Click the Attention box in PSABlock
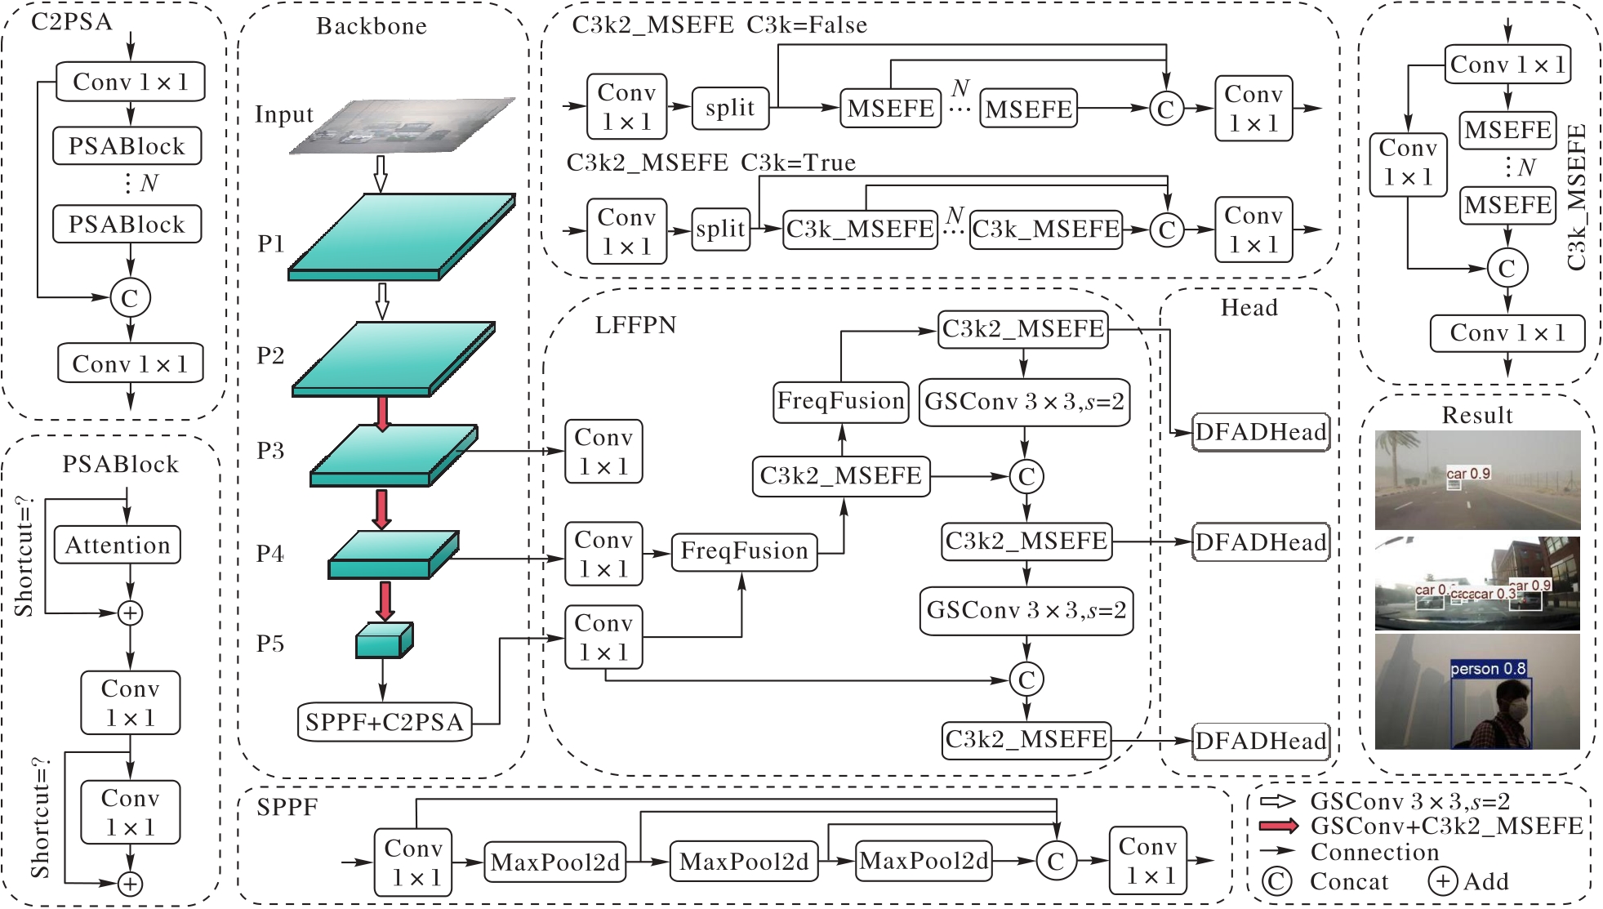pos(118,545)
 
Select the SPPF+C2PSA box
pos(385,722)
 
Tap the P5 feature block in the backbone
pos(385,640)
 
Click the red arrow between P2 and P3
pos(382,413)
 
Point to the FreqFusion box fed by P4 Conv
pos(744,551)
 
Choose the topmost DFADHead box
pos(1261,432)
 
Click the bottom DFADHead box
pos(1261,742)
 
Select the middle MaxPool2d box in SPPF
pos(744,862)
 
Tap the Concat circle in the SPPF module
pos(1056,861)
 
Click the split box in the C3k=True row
pos(721,229)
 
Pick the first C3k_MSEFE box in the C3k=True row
pos(860,229)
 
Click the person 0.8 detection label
pos(1488,669)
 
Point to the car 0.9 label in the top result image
pos(1468,474)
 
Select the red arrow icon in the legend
pos(1279,826)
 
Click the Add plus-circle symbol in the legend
pos(1442,881)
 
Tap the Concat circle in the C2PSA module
pos(130,298)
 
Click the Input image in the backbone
pos(403,126)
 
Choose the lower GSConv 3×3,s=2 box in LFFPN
pos(1026,611)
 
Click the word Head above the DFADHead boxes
pos(1249,308)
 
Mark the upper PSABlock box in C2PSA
pos(127,146)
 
